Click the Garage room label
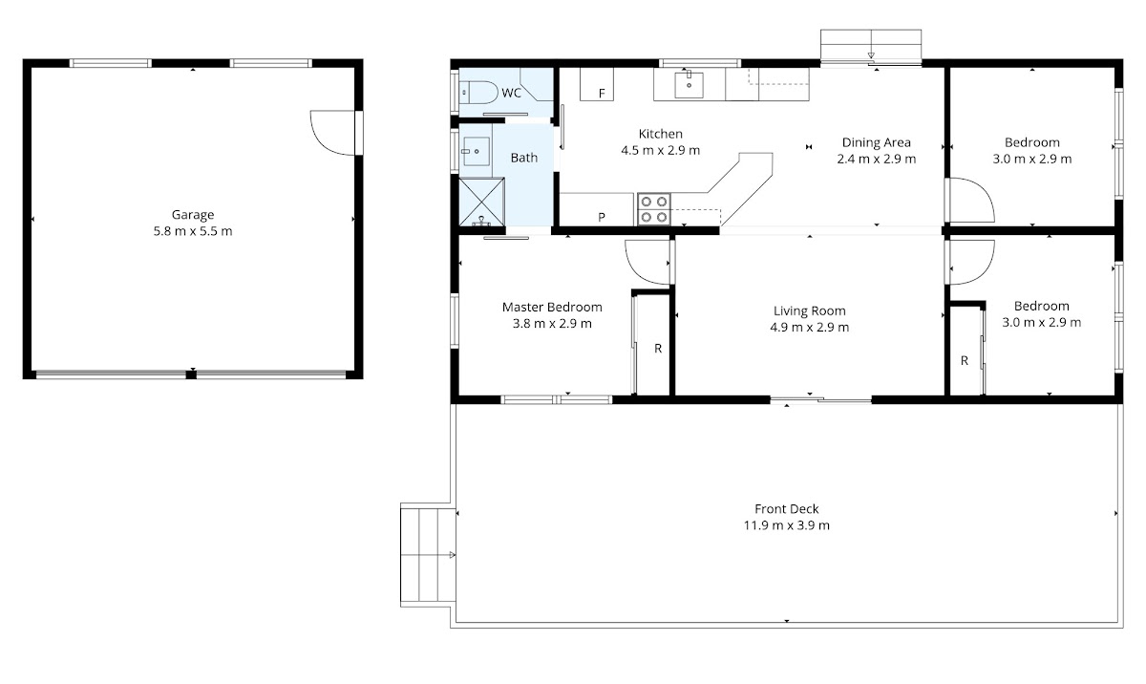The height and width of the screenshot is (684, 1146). (192, 215)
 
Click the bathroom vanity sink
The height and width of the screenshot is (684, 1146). (476, 152)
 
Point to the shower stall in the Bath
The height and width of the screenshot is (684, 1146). (481, 202)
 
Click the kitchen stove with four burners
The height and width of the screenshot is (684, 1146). (654, 209)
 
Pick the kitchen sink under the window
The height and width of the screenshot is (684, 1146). (689, 85)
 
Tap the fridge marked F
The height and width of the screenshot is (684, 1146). (597, 84)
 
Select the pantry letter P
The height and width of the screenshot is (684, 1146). (602, 217)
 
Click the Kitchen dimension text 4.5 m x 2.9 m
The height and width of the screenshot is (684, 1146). (661, 150)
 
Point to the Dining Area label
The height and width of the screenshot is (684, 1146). (877, 142)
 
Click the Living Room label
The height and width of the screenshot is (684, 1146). (810, 310)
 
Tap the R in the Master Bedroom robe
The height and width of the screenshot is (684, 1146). (658, 349)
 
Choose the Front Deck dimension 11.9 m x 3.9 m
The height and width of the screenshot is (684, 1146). (787, 525)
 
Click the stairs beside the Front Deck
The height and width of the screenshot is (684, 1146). (428, 555)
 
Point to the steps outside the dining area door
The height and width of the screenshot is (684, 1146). (871, 46)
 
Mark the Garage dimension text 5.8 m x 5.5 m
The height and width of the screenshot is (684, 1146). (193, 231)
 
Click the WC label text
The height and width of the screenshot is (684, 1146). (512, 93)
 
